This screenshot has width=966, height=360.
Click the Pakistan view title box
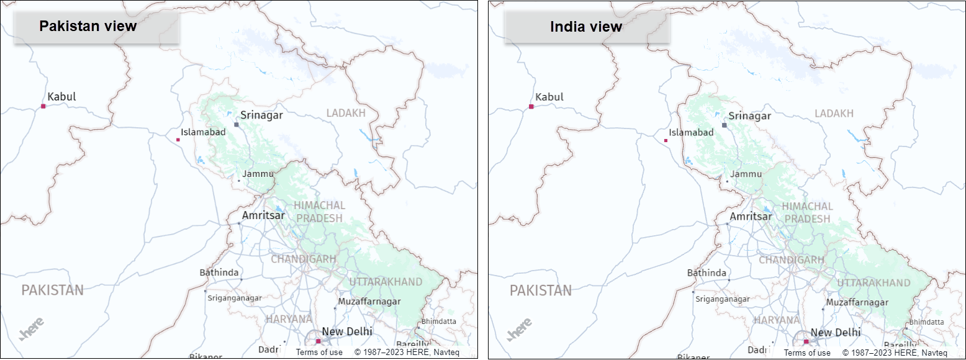tap(96, 27)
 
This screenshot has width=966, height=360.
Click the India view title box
tap(586, 27)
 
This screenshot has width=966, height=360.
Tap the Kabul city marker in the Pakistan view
tap(43, 107)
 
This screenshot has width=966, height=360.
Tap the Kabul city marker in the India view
tap(531, 107)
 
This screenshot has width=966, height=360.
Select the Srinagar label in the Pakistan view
tap(261, 115)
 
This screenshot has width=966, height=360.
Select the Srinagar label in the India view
tap(749, 115)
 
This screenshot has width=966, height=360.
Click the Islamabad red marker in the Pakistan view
tap(178, 140)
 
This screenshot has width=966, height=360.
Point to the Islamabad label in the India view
tap(691, 132)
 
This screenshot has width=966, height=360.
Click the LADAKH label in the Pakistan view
tap(346, 113)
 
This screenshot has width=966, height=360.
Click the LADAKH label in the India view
tap(834, 114)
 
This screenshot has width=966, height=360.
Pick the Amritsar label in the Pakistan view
tap(263, 215)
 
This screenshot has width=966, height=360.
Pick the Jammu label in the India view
tap(745, 174)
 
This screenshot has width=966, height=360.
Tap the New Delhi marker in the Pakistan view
tap(318, 341)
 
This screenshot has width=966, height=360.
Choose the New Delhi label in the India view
tap(835, 333)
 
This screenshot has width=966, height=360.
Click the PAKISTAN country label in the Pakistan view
tap(52, 290)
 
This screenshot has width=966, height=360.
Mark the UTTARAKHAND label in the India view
tap(873, 282)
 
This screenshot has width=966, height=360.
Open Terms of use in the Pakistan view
tap(319, 353)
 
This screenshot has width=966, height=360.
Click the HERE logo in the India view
tap(520, 330)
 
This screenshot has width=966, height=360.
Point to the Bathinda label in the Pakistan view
tap(219, 272)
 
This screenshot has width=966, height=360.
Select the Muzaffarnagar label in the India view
tap(857, 302)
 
